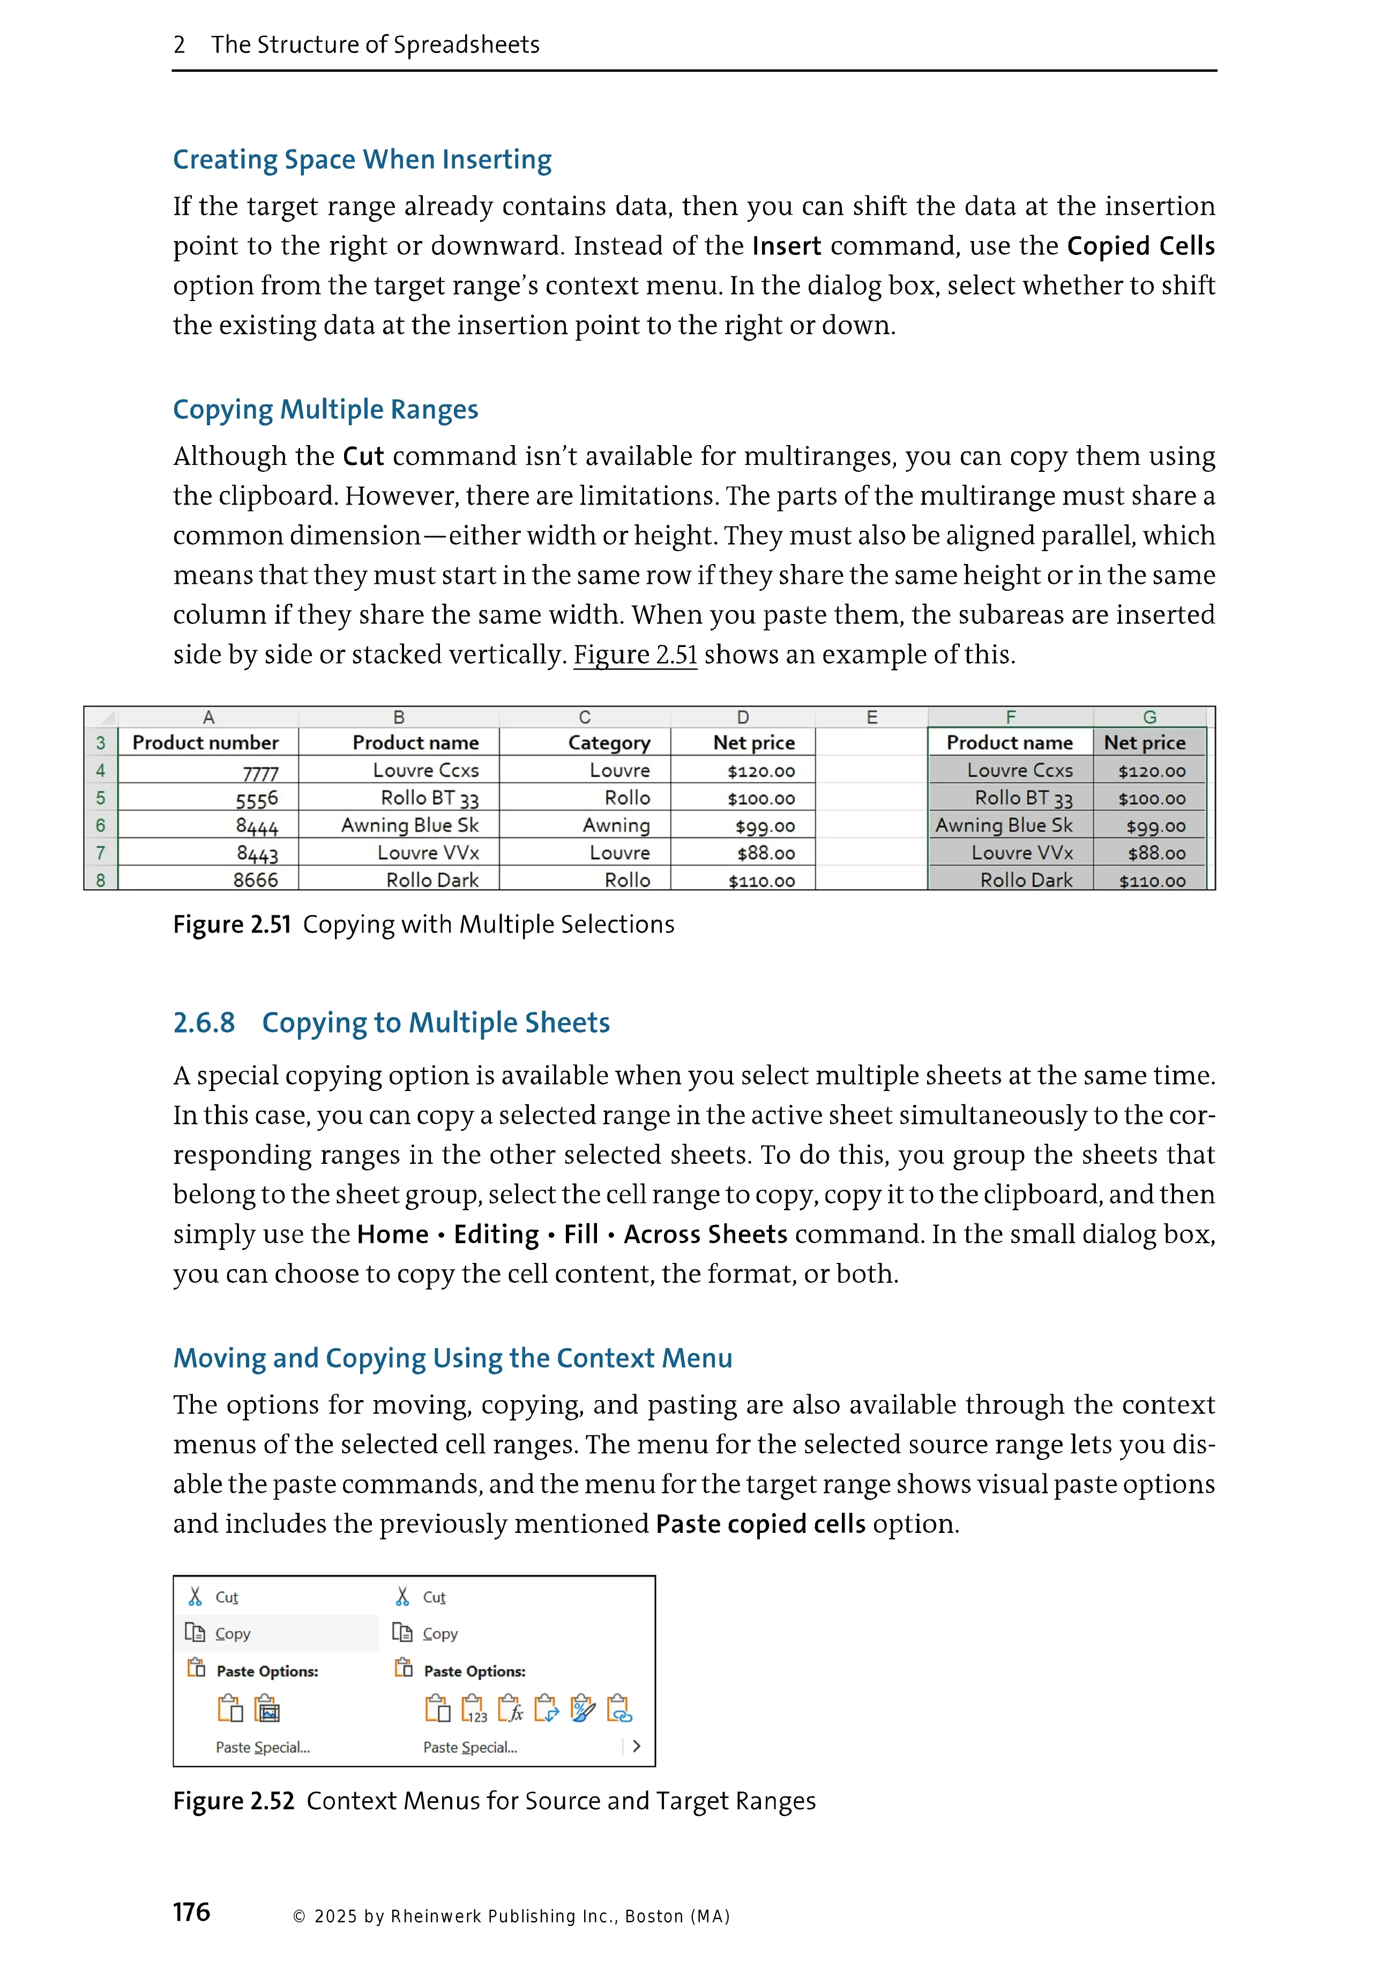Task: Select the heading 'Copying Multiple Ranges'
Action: point(325,410)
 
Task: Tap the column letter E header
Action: point(871,717)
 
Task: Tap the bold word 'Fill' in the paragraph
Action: point(581,1235)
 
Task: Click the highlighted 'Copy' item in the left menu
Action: point(233,1634)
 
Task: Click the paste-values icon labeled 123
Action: point(474,1709)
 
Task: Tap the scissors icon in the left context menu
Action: point(195,1597)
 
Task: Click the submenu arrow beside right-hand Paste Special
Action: point(636,1747)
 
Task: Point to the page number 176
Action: point(192,1912)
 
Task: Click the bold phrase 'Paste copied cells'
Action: point(760,1524)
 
